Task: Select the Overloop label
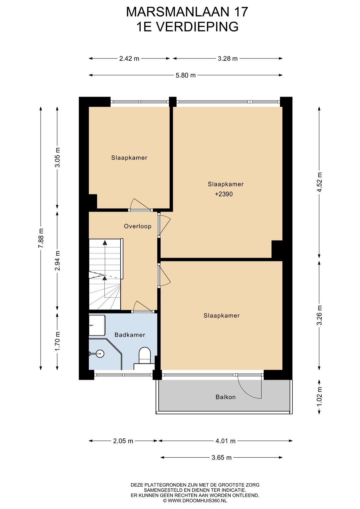(x=138, y=226)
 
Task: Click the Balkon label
(x=225, y=397)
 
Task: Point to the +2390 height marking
(x=224, y=194)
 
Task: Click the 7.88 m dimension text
(x=41, y=238)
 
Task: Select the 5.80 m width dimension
(x=186, y=75)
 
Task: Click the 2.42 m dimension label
(x=129, y=59)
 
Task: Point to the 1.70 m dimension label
(x=57, y=341)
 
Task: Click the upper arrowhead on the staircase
(x=105, y=242)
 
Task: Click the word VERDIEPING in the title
(x=197, y=27)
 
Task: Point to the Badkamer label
(x=130, y=335)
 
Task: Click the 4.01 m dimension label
(x=225, y=441)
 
